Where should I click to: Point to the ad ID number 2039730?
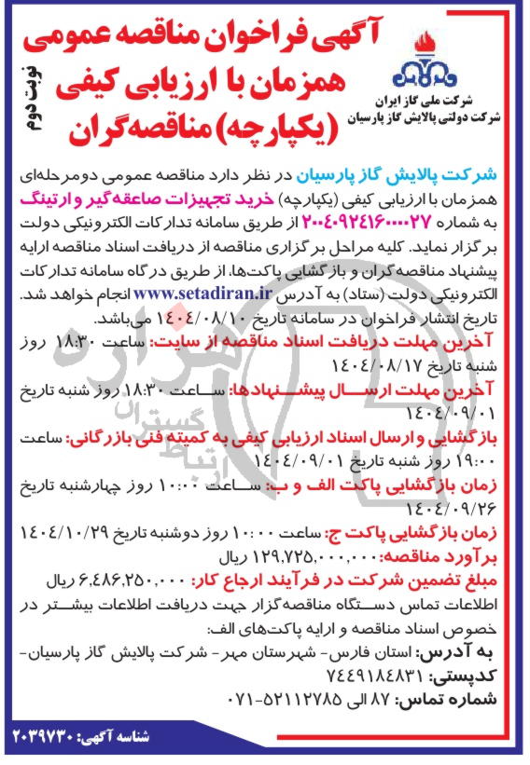(x=59, y=739)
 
